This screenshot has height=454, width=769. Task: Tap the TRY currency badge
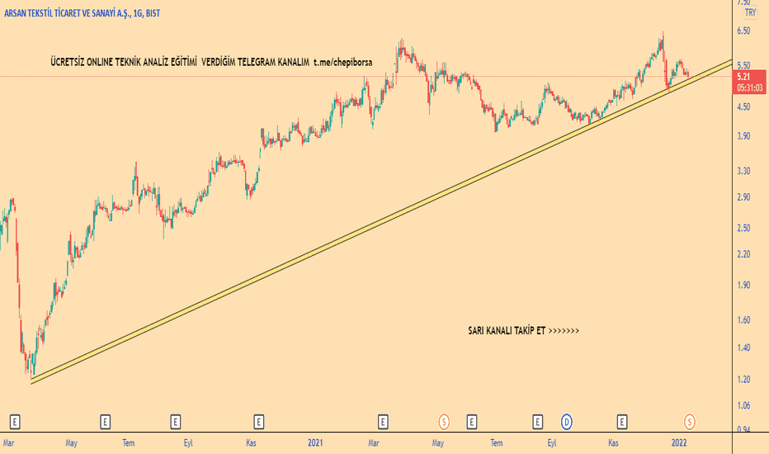750,12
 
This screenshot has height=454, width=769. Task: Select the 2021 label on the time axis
315,443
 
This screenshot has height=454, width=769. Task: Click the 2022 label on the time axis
679,443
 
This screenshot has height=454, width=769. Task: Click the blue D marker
567,422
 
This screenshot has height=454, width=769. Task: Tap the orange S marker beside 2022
690,422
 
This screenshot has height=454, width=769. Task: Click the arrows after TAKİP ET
564,331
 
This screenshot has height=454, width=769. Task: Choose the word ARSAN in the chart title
18,13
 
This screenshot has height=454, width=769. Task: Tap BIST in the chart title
172,13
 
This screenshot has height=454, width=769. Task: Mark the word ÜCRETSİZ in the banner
70,62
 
